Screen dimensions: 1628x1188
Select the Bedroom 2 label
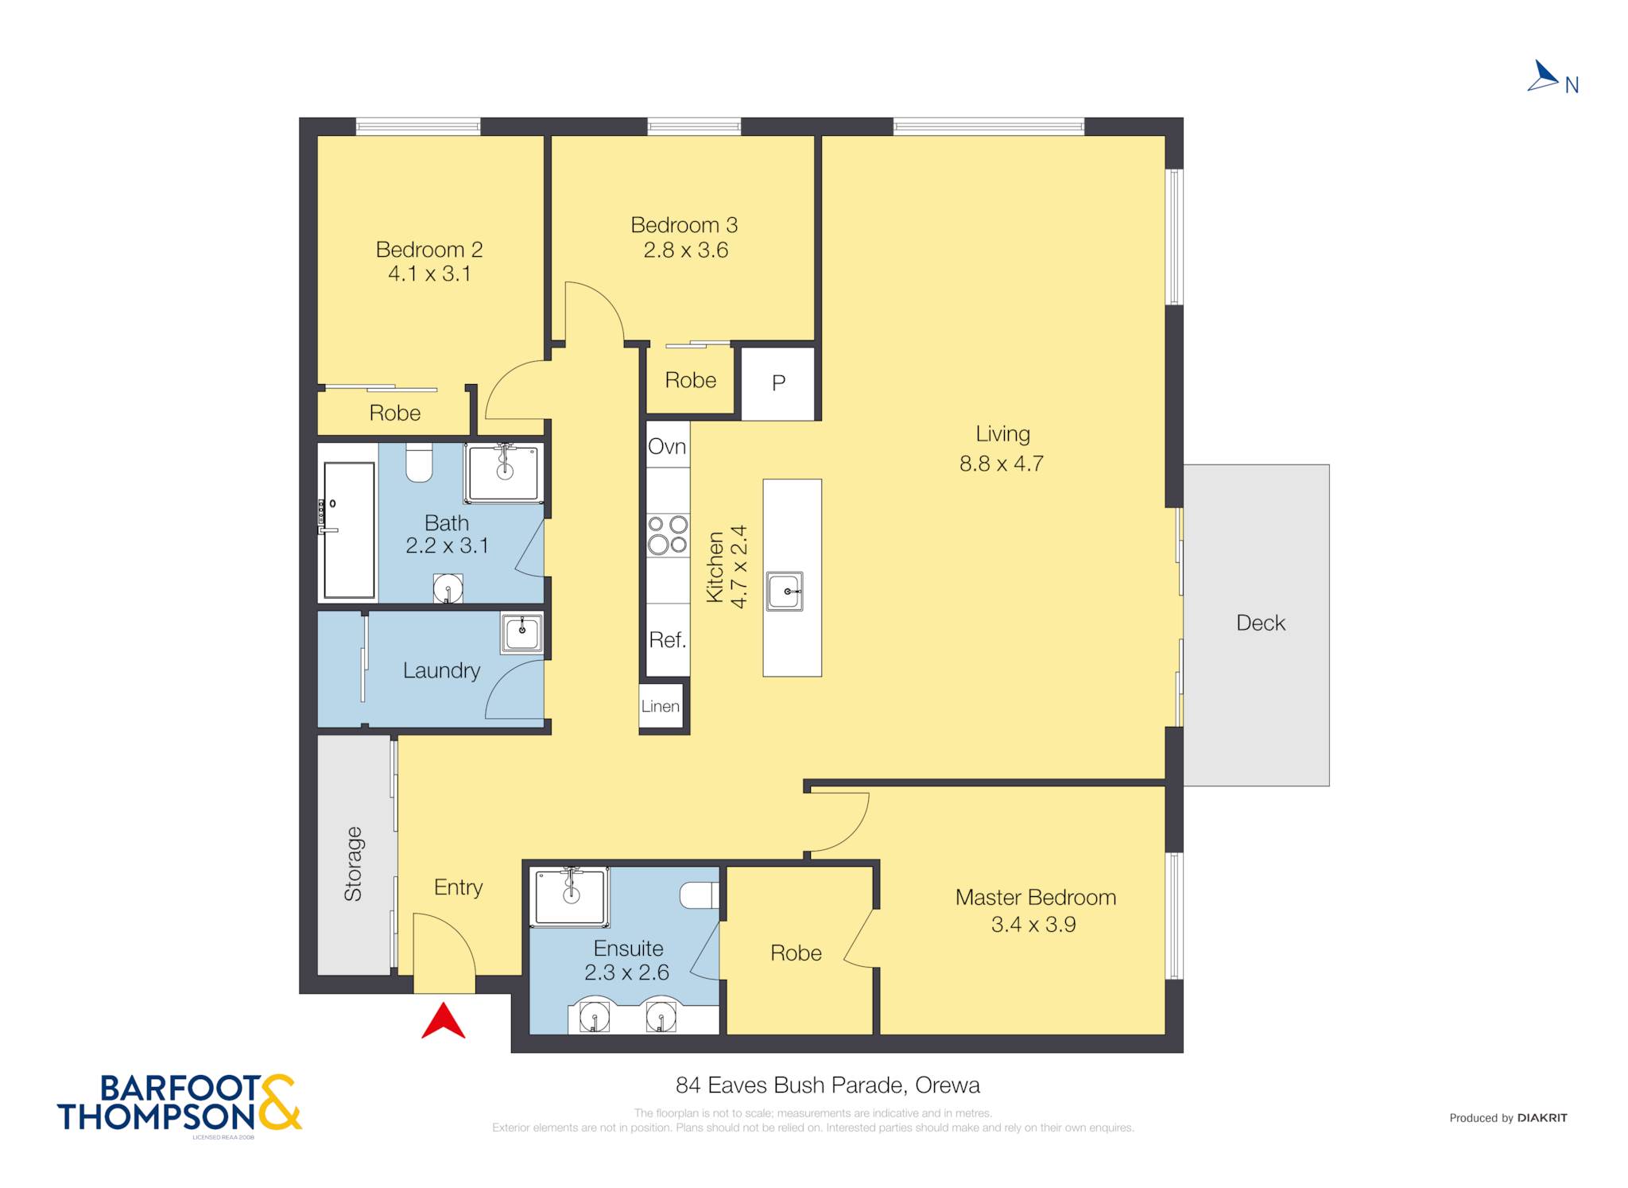[429, 250]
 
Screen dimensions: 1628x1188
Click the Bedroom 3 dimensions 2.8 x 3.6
[685, 250]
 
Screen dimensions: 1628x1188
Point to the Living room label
[1002, 434]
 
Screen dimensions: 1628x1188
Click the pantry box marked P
[778, 383]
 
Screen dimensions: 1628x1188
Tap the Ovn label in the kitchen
[667, 446]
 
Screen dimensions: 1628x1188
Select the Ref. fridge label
[667, 639]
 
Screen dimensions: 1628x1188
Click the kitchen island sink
[785, 591]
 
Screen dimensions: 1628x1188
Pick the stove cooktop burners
[668, 534]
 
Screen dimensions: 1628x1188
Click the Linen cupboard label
[661, 706]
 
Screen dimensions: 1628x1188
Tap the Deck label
[1261, 623]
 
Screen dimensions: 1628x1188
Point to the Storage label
[353, 864]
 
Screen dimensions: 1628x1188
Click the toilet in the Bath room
[419, 462]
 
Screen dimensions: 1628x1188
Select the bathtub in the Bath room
[348, 530]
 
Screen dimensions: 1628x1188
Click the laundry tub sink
[522, 634]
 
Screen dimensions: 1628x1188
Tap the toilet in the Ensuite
[700, 895]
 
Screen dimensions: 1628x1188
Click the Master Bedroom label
[1036, 898]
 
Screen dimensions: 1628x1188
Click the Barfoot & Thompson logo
[179, 1105]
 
